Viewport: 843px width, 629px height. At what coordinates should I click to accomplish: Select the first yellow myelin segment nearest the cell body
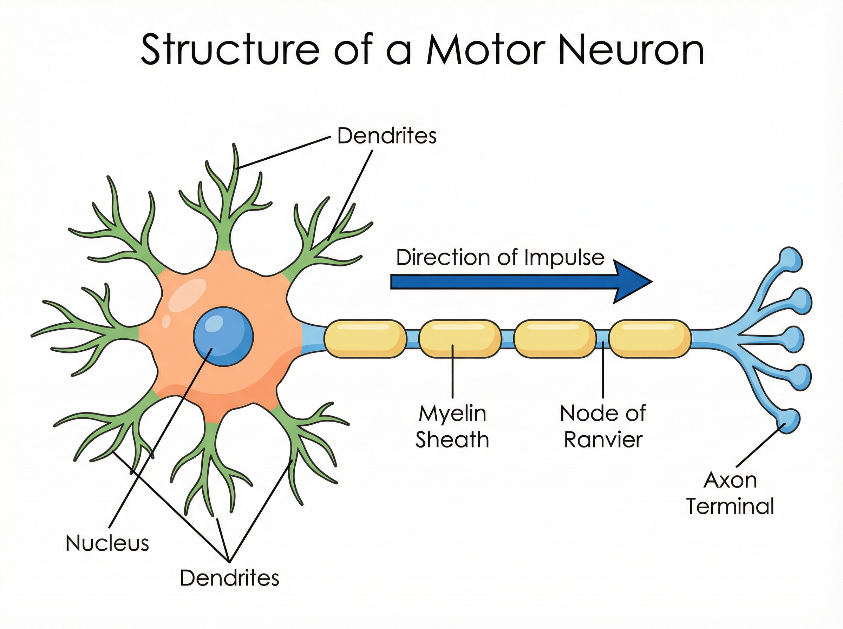click(365, 338)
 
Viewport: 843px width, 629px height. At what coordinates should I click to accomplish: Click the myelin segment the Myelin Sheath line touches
click(459, 338)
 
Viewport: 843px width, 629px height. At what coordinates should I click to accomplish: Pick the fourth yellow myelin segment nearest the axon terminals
click(649, 338)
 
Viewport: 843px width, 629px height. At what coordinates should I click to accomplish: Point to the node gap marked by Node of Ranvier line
click(603, 338)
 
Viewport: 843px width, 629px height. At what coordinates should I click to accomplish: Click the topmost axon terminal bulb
click(791, 260)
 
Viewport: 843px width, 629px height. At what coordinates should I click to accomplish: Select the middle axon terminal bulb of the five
click(794, 338)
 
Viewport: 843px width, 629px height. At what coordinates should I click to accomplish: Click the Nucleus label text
click(107, 543)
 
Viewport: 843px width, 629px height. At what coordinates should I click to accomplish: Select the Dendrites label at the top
click(386, 136)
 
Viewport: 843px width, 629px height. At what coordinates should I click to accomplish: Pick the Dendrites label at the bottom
click(229, 578)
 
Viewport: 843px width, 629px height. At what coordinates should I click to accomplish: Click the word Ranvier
click(603, 440)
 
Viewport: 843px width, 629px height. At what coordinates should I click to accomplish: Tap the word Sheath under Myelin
click(452, 440)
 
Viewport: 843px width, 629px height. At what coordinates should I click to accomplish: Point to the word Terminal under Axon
click(730, 506)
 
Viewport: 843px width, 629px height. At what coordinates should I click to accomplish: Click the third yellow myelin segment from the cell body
click(555, 338)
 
